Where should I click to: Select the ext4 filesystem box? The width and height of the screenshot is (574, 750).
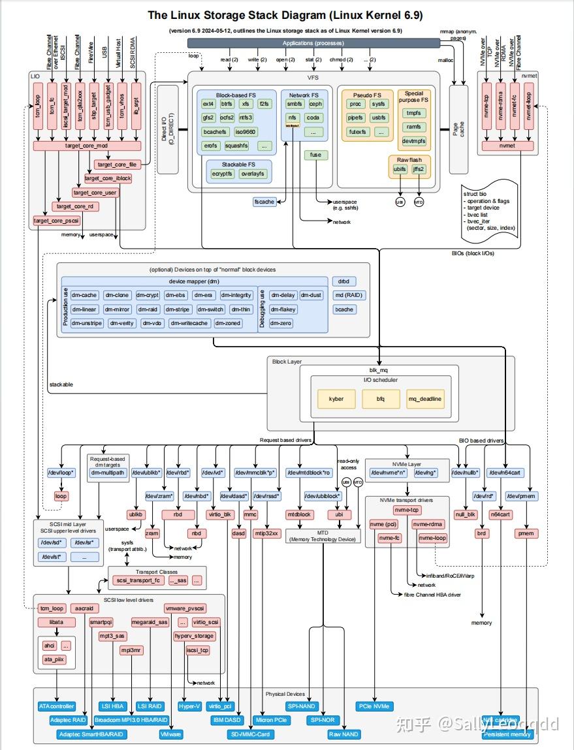pyautogui.click(x=208, y=104)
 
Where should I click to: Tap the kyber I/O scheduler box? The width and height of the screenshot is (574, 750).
pyautogui.click(x=336, y=399)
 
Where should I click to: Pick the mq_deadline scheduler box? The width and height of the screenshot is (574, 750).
pyautogui.click(x=424, y=399)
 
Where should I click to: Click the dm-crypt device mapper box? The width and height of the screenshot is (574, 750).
pyautogui.click(x=148, y=295)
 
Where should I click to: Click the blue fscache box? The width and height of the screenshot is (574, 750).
pyautogui.click(x=264, y=202)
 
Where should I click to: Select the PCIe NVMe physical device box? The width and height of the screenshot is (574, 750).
pyautogui.click(x=374, y=706)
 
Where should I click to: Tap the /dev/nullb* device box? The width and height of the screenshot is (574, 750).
pyautogui.click(x=466, y=473)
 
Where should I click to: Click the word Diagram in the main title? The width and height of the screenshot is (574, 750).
pyautogui.click(x=287, y=14)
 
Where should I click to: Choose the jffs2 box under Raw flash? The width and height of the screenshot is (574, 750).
pyautogui.click(x=418, y=170)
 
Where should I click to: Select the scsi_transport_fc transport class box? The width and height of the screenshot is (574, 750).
pyautogui.click(x=138, y=580)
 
